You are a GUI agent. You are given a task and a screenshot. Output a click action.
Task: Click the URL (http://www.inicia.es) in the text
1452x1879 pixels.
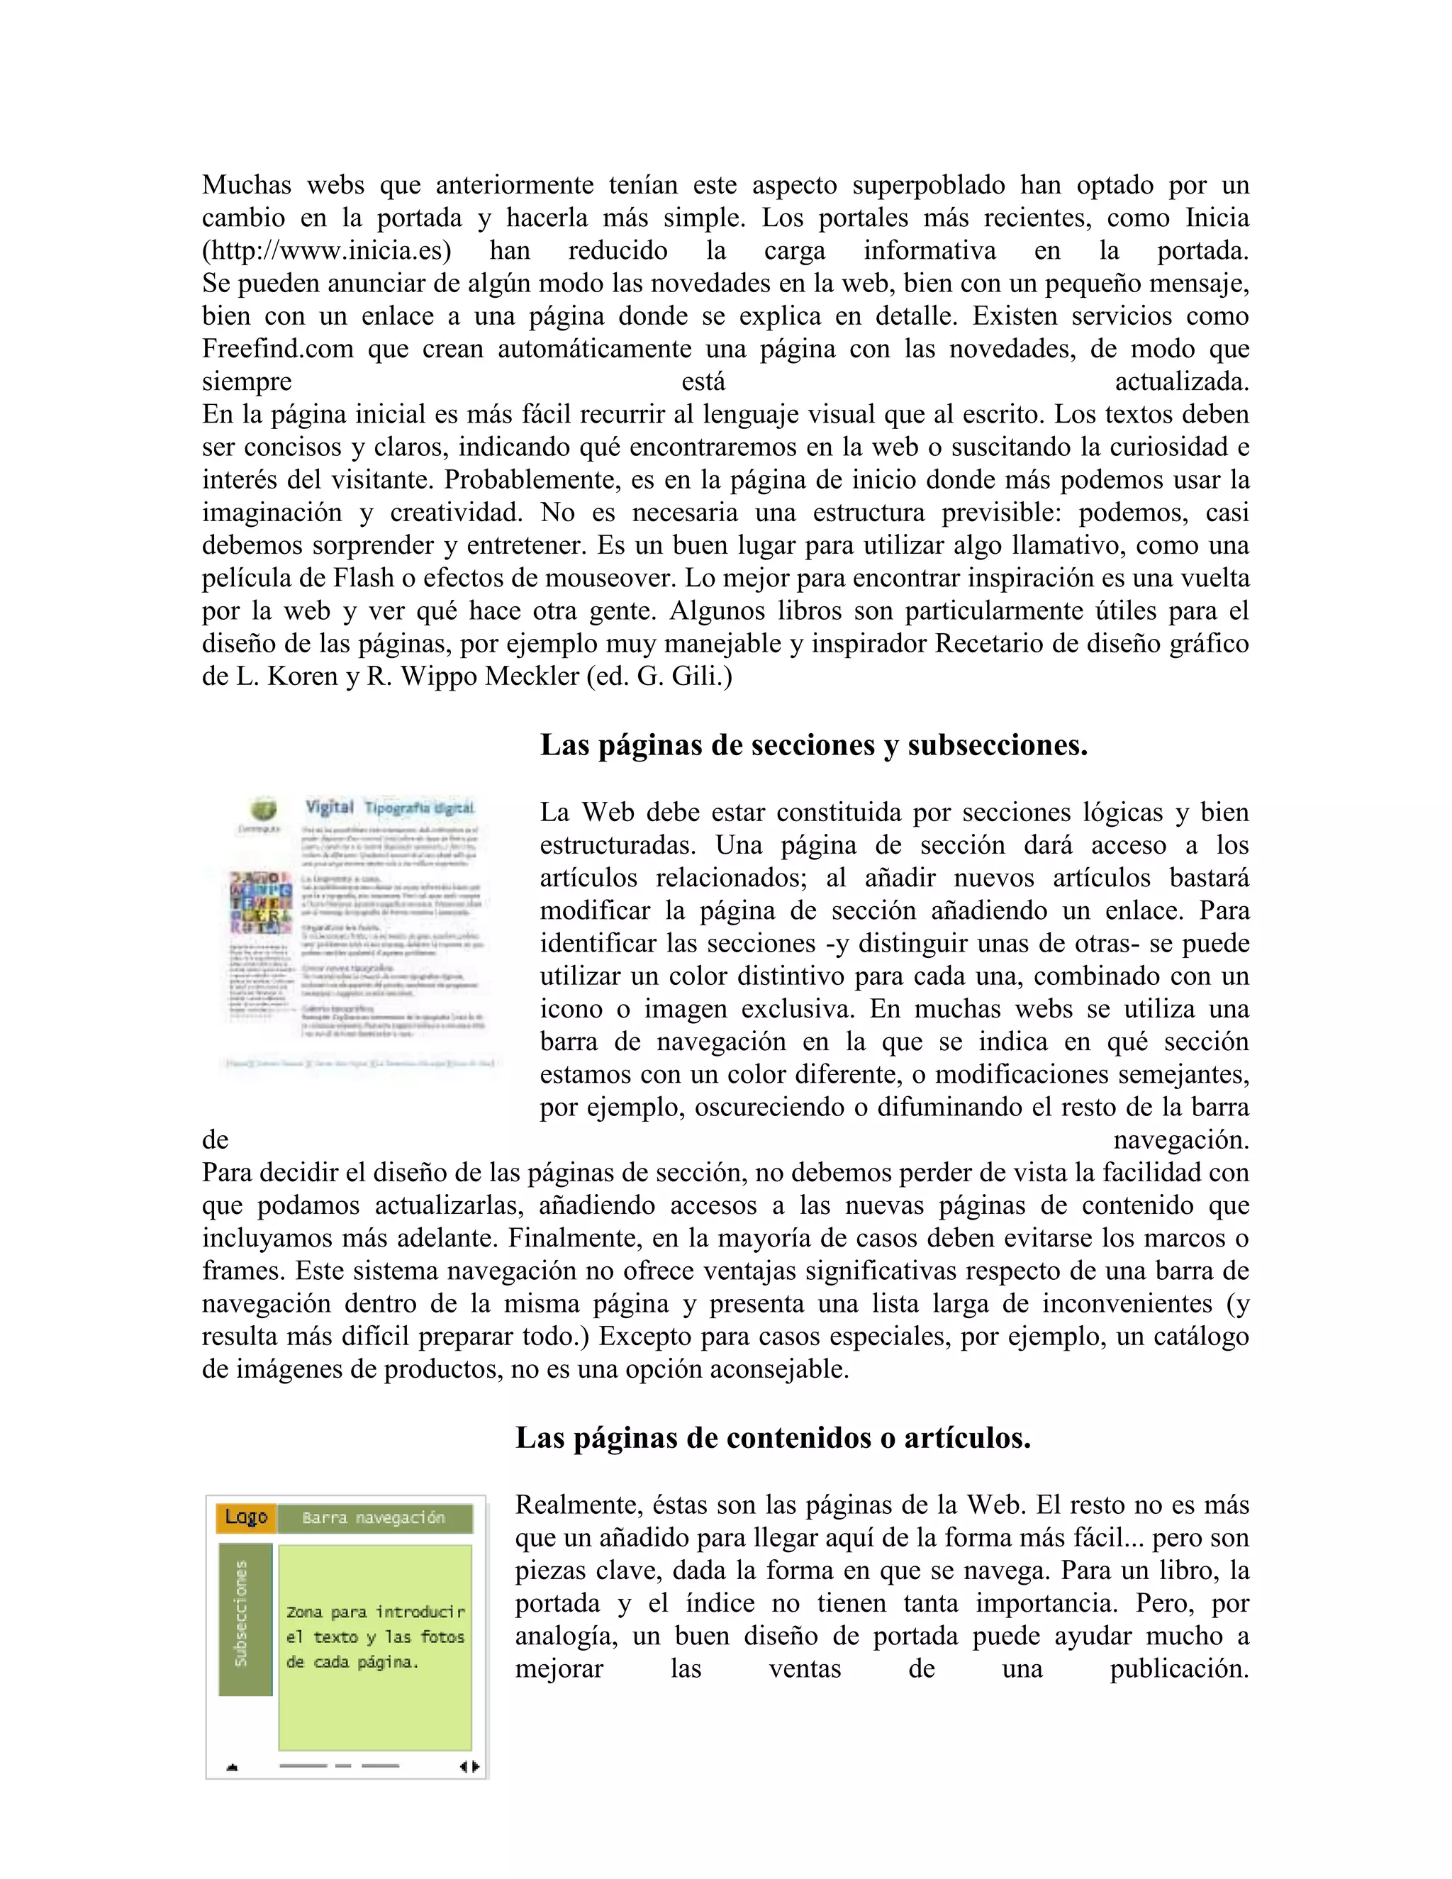tap(326, 251)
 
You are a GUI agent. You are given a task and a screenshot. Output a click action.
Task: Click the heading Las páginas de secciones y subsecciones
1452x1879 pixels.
tap(813, 745)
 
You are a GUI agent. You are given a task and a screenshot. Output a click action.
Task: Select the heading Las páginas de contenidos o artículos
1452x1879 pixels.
tap(773, 1438)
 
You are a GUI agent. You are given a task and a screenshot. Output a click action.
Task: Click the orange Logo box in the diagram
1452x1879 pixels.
tap(246, 1517)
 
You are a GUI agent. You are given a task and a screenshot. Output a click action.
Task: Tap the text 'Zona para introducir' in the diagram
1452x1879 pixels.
tap(375, 1612)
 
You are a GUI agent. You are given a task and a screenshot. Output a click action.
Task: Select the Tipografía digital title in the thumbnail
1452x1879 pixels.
tap(419, 808)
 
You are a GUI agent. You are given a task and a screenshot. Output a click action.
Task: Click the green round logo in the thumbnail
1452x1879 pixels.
tap(263, 810)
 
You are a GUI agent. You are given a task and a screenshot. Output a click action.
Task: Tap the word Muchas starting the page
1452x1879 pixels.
tap(246, 186)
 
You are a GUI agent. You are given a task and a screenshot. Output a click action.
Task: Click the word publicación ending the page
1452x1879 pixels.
tap(1178, 1668)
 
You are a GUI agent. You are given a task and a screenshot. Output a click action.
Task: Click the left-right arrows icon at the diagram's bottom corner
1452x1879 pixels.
tap(469, 1767)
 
